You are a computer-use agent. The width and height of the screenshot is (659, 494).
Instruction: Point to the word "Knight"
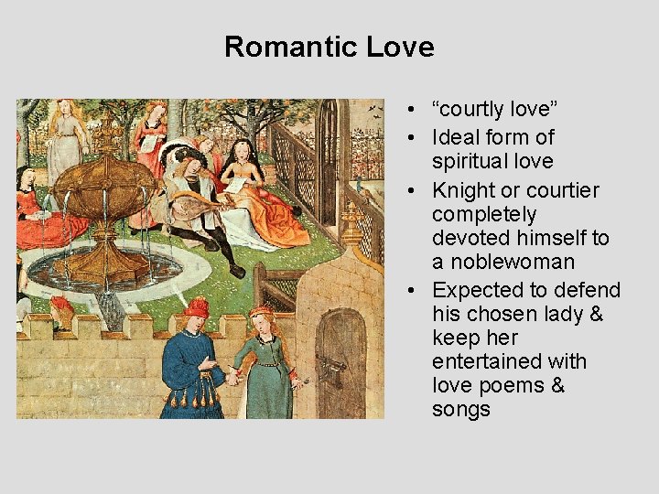click(x=468, y=190)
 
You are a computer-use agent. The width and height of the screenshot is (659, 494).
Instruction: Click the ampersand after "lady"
click(x=596, y=314)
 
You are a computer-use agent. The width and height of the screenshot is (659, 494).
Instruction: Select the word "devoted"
click(x=472, y=238)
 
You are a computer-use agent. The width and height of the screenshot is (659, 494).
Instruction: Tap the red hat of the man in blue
click(x=195, y=307)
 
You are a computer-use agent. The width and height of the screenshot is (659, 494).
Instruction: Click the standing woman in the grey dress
click(x=67, y=142)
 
